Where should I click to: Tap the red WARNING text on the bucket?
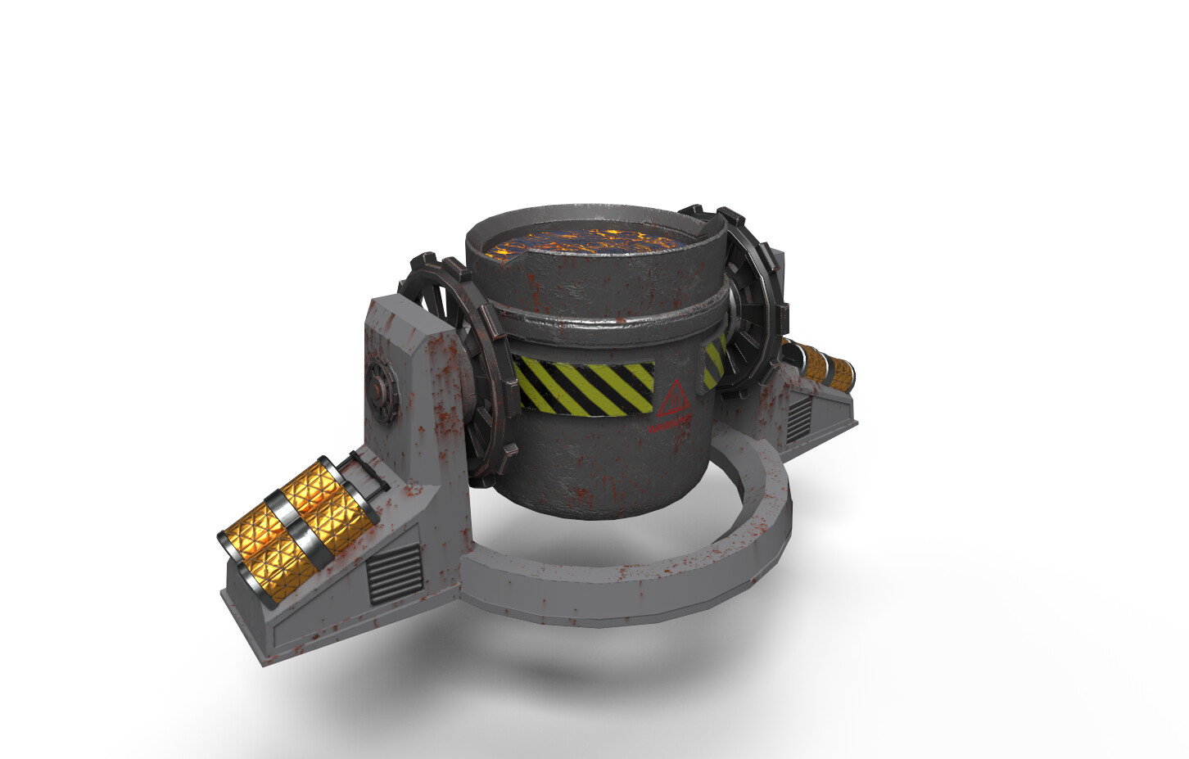point(670,425)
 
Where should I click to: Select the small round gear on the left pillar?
point(382,382)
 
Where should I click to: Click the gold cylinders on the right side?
point(827,368)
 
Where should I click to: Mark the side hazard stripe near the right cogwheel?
point(714,364)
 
